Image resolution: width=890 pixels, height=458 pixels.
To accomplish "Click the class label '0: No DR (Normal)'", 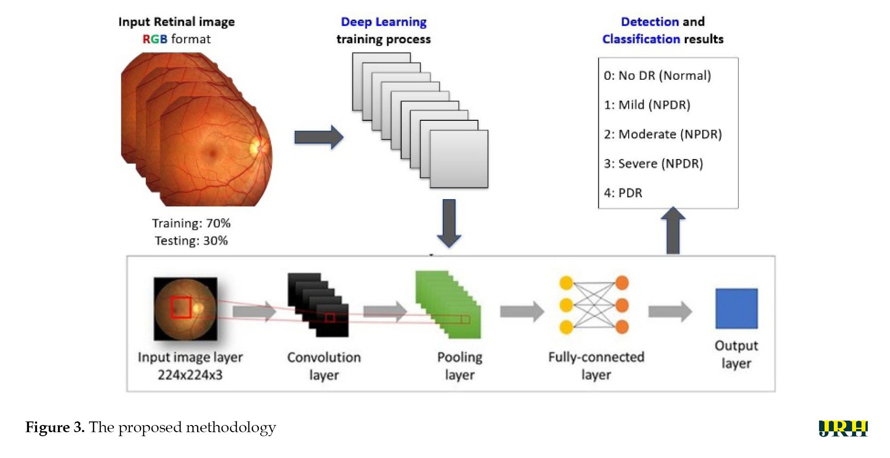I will [x=657, y=76].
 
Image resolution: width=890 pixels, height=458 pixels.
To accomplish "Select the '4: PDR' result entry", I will [x=623, y=193].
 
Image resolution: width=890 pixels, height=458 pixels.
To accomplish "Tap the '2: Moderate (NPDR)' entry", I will [x=663, y=134].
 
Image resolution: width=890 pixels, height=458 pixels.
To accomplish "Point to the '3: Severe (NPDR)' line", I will [x=653, y=164].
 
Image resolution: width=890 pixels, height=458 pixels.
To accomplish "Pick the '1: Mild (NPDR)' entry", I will [x=647, y=105].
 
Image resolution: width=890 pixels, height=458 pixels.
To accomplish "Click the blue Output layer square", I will [x=736, y=309].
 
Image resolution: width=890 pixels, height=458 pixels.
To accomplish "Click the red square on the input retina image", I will [x=181, y=307].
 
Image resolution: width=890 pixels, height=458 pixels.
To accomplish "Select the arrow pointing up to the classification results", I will [x=672, y=230].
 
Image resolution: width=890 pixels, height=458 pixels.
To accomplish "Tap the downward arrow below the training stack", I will [x=449, y=223].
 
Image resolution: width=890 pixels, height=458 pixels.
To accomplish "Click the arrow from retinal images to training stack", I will [x=319, y=137].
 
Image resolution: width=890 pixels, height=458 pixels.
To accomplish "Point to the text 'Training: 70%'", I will [x=191, y=223].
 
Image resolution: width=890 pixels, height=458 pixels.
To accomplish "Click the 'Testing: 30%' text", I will [x=191, y=241].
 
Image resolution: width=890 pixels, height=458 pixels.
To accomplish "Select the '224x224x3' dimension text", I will [x=190, y=375].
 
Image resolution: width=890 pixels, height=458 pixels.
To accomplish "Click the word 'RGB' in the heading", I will [x=155, y=39].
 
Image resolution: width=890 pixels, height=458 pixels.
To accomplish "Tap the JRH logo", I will [x=843, y=428].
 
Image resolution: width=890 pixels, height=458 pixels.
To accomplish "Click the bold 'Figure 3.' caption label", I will [x=55, y=427].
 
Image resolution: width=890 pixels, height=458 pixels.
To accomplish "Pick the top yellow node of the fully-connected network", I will [x=566, y=283].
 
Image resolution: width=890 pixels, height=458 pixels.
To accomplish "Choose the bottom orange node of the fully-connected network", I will [x=622, y=327].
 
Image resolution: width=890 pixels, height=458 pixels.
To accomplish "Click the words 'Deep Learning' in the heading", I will [x=383, y=22].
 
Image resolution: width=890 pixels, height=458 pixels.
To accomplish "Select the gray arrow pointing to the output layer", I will [x=670, y=311].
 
